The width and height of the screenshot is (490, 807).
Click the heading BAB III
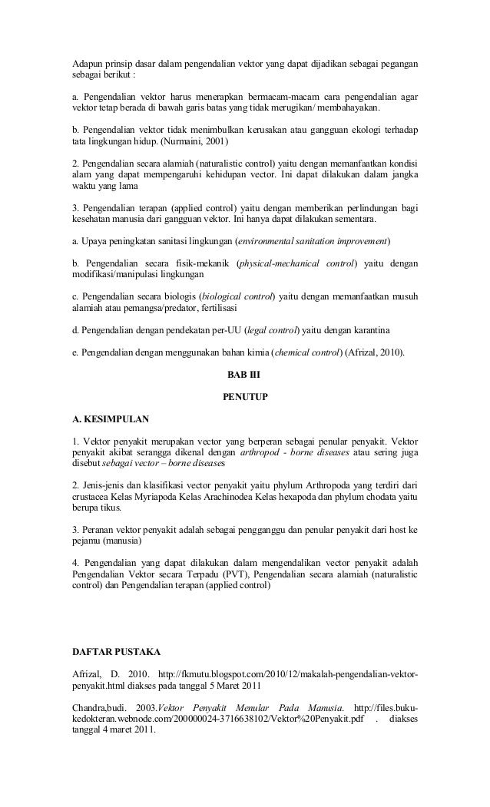[x=244, y=375]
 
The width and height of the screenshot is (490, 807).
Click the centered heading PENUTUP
[x=244, y=398]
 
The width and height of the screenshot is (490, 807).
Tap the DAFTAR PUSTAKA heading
[x=115, y=652]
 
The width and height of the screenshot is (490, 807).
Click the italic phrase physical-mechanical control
[x=297, y=263]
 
